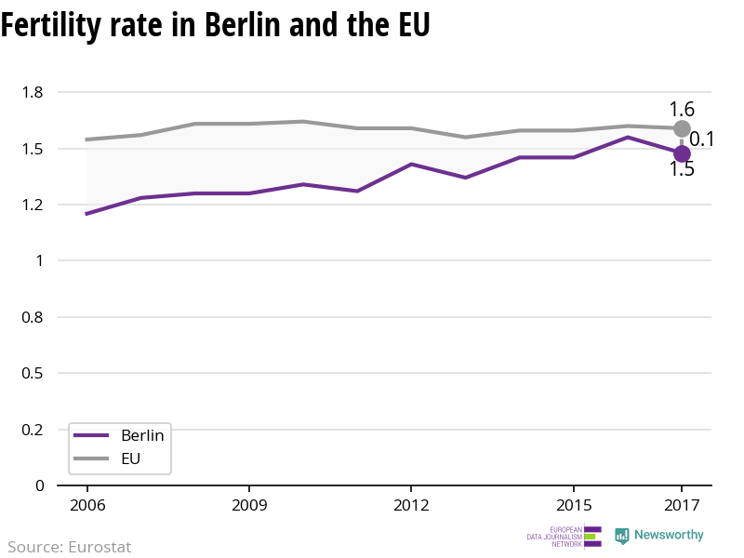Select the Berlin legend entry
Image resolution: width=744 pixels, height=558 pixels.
tap(120, 435)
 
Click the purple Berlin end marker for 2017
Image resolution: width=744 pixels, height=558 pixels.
tap(682, 153)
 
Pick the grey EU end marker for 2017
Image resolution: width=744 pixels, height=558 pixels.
tap(682, 128)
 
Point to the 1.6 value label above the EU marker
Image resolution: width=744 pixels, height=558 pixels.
tap(682, 109)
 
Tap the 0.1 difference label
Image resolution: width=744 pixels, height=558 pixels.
tap(701, 140)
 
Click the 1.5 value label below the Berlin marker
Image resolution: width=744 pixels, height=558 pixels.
tap(682, 169)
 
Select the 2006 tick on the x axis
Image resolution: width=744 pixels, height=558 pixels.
tap(86, 505)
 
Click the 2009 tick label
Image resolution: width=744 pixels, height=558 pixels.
tap(249, 505)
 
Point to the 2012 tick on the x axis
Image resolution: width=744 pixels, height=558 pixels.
tap(411, 505)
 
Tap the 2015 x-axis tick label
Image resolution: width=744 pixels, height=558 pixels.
tap(573, 505)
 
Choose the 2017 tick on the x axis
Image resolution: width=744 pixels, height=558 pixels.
tap(682, 505)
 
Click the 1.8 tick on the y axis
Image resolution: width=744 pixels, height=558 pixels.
tap(33, 92)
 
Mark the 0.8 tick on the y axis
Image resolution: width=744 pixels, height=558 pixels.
tap(33, 317)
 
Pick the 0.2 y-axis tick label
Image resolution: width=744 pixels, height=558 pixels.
tap(33, 430)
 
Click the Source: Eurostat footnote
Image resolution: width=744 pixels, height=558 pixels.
tap(70, 547)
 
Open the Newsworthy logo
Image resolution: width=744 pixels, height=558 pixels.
tap(659, 536)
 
